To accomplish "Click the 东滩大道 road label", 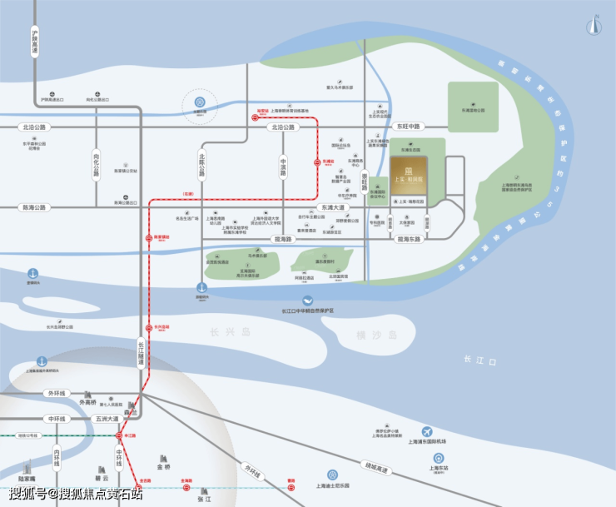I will coord(333,207).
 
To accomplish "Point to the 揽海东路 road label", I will coord(410,239).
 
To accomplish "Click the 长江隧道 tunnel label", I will coord(141,357).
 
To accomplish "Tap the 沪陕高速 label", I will coord(35,42).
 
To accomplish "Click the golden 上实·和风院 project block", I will coord(408,176).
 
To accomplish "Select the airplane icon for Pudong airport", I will coord(427,432).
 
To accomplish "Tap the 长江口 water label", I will coord(479,360).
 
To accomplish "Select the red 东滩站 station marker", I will coord(315,162).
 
